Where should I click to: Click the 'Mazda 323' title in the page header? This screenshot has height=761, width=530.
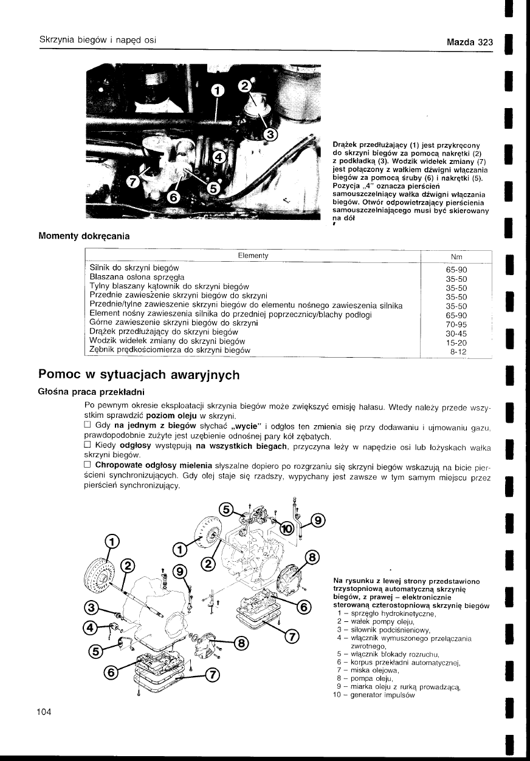(469, 43)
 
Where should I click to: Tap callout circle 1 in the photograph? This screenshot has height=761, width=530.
(217, 90)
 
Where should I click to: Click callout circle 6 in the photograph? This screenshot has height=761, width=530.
(173, 197)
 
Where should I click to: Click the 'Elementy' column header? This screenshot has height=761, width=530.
(253, 256)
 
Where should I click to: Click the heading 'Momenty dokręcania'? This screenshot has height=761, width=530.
(84, 236)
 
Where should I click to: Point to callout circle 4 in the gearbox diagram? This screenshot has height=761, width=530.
(90, 627)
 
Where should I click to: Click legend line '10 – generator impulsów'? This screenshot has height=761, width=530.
(374, 695)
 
